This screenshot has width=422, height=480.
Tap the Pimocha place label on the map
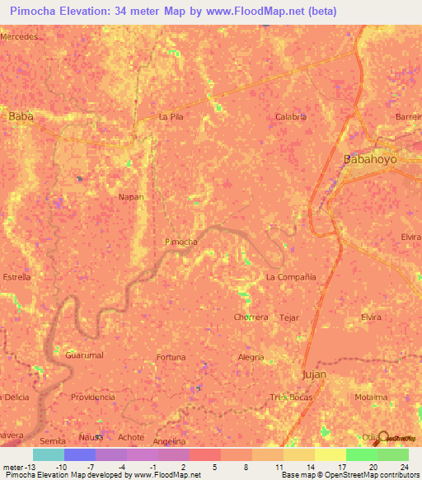coord(181,242)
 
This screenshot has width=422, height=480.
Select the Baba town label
coord(21,117)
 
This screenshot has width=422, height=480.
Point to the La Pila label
coord(171,117)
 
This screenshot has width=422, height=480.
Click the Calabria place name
coord(291,117)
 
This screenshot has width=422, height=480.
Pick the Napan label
coord(131,197)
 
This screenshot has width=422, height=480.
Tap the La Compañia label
coord(291,277)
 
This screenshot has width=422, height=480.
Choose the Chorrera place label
coord(251,317)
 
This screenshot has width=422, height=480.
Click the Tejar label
coord(289,318)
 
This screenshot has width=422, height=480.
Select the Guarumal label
coord(84,355)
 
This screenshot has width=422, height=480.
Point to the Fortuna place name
coord(171,357)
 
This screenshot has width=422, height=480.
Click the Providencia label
coord(92,397)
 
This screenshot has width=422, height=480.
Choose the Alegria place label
coord(251,357)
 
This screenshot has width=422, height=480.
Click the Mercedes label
coord(19,38)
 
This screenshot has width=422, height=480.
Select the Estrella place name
coord(16,277)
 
